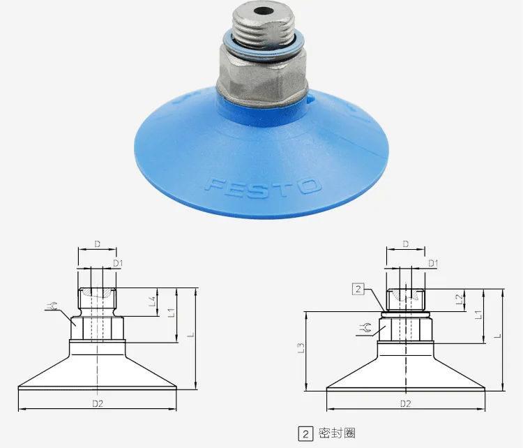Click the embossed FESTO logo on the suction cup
coord(263,187)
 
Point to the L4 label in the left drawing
coord(153,301)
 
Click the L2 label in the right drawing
coord(460,299)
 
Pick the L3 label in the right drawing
coord(301,348)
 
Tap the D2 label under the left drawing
coord(98,403)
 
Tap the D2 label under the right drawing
coord(406,403)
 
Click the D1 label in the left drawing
coord(118,263)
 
